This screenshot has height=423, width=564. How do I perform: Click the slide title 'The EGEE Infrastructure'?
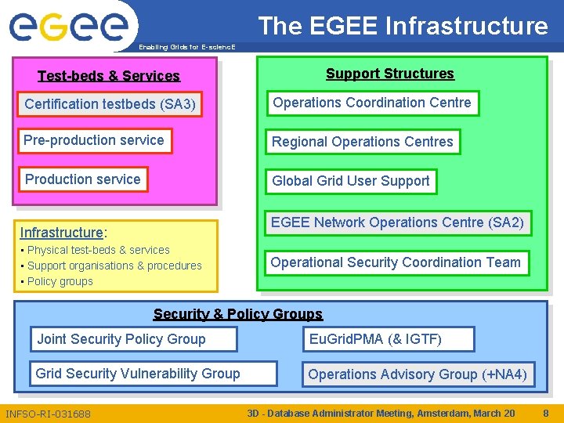click(403, 26)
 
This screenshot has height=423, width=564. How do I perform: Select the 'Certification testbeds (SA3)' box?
click(110, 104)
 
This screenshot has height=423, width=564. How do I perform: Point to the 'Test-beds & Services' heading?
click(109, 76)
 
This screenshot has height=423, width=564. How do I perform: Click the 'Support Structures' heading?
click(389, 74)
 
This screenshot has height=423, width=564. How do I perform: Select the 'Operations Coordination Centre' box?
click(372, 103)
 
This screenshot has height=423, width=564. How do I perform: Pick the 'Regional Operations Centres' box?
click(362, 142)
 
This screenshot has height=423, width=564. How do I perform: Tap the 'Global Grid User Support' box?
click(350, 181)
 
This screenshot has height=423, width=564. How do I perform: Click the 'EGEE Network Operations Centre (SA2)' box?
click(397, 222)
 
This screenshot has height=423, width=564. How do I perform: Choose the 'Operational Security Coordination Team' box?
click(396, 262)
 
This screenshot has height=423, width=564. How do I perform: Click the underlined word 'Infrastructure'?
click(62, 233)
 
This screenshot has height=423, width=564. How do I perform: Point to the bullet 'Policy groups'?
click(60, 281)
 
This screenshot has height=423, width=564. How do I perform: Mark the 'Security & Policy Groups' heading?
click(238, 314)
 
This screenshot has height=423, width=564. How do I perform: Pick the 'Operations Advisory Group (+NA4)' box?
click(418, 374)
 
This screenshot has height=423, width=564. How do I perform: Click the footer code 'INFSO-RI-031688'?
click(48, 414)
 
